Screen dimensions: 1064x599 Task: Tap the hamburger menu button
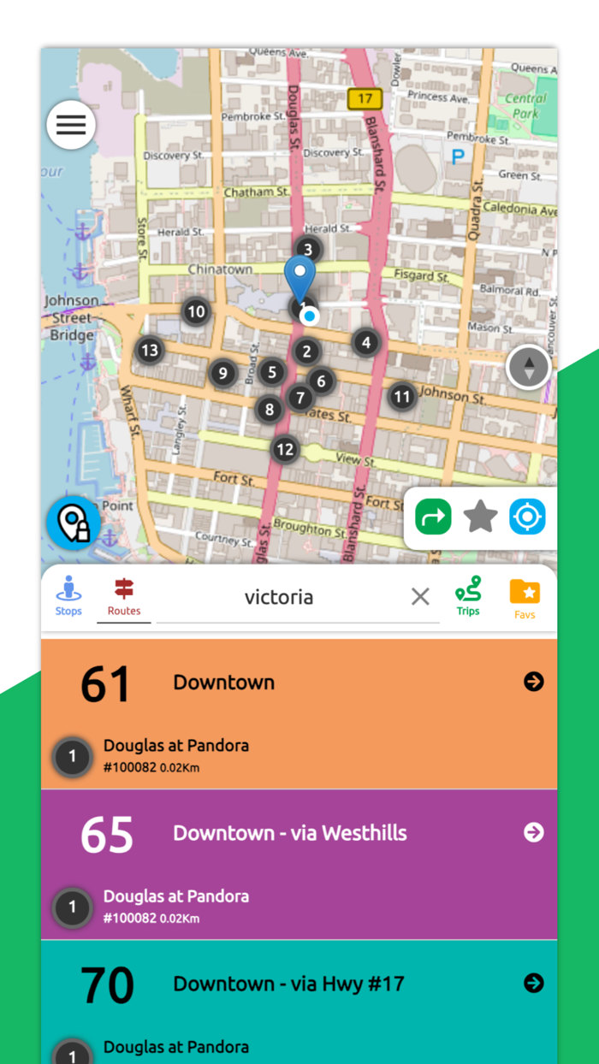coord(71,125)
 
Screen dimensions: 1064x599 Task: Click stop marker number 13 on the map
coord(150,350)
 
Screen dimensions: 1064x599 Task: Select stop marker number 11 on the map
coord(402,397)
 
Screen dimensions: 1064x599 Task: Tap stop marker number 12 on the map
coord(285,449)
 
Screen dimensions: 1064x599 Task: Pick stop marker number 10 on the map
coord(197,311)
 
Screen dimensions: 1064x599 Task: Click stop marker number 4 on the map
coord(366,343)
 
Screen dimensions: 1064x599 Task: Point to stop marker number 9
coord(222,373)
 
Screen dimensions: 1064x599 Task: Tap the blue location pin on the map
coord(299,275)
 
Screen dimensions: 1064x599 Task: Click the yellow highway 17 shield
coord(365,98)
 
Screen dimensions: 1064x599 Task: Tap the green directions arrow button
coord(433,517)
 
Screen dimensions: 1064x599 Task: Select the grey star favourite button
coord(480,517)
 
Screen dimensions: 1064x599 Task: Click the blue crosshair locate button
coord(527,517)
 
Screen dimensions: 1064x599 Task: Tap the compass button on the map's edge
coord(529,368)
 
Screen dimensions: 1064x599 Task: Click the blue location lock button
coord(74,523)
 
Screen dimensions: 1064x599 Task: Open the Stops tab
coord(68,596)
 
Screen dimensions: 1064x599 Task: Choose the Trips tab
coord(468,596)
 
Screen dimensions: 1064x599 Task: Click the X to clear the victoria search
coord(420,597)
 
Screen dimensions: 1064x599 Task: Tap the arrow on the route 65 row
coord(534,832)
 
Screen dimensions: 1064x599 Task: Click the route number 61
coord(106,684)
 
